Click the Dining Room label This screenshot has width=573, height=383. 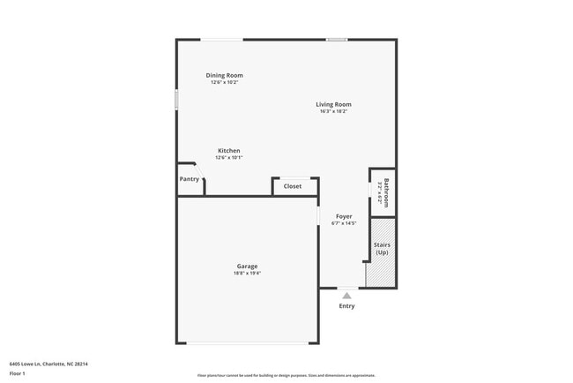pyautogui.click(x=224, y=75)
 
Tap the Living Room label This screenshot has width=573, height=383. pyautogui.click(x=333, y=104)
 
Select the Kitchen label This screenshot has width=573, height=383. pyautogui.click(x=228, y=150)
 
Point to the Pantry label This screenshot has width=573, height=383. pyautogui.click(x=189, y=179)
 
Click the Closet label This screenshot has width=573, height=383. pyautogui.click(x=292, y=186)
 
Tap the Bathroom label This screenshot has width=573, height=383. pyautogui.click(x=386, y=191)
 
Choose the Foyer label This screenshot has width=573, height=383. pyautogui.click(x=344, y=216)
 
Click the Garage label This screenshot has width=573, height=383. pyautogui.click(x=247, y=266)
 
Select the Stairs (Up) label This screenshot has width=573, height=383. pyautogui.click(x=382, y=248)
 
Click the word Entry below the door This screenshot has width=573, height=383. pyautogui.click(x=346, y=306)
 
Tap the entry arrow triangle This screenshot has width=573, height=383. pyautogui.click(x=346, y=296)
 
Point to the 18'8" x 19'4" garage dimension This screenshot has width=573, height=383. pyautogui.click(x=247, y=274)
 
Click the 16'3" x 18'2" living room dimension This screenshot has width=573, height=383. pyautogui.click(x=333, y=111)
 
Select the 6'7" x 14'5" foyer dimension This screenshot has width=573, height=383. pyautogui.click(x=344, y=223)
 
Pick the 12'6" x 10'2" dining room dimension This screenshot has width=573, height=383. pyautogui.click(x=224, y=82)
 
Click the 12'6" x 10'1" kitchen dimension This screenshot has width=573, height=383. pyautogui.click(x=228, y=157)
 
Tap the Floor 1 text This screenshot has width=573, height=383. pyautogui.click(x=18, y=373)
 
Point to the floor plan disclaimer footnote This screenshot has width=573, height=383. pyautogui.click(x=286, y=375)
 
